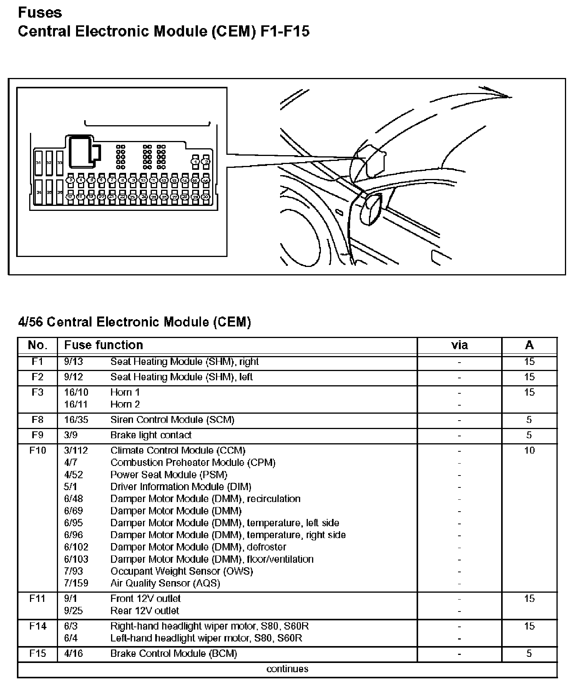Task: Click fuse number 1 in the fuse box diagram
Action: (x=196, y=162)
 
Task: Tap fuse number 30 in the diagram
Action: (x=206, y=197)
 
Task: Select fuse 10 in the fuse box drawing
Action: (x=143, y=180)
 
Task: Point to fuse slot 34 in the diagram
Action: (x=38, y=192)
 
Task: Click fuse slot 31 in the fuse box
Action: (x=38, y=163)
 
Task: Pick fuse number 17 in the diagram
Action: (x=70, y=197)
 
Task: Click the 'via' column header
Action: (x=459, y=345)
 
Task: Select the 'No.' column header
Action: (x=37, y=345)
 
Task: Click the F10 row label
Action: (x=37, y=450)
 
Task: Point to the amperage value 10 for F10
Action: (x=529, y=450)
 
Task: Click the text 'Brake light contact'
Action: (x=151, y=435)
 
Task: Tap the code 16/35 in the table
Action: (x=76, y=419)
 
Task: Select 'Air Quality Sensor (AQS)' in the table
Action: (x=165, y=583)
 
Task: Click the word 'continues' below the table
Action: (x=287, y=669)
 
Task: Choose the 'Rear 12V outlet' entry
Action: (x=144, y=610)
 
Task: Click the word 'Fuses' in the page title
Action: (x=40, y=13)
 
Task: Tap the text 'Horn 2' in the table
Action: (x=125, y=404)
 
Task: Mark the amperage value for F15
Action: (x=529, y=653)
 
